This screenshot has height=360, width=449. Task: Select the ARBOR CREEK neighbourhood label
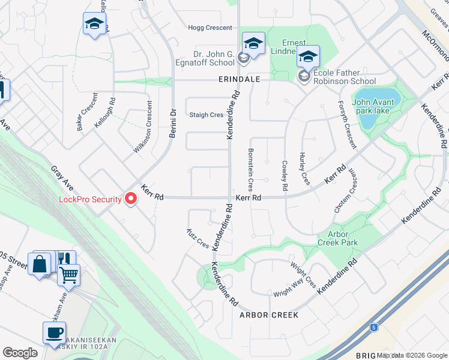tap(268, 314)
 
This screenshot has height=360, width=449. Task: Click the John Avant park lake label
tap(374, 106)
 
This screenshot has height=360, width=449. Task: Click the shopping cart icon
tap(68, 275)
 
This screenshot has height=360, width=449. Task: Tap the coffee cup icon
tap(54, 332)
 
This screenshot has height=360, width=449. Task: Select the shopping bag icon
tap(40, 263)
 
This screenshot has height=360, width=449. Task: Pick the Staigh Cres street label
tap(206, 115)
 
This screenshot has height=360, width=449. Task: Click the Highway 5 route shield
tap(374, 328)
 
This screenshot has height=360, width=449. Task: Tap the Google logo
tap(20, 353)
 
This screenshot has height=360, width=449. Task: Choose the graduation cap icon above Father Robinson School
tap(308, 57)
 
